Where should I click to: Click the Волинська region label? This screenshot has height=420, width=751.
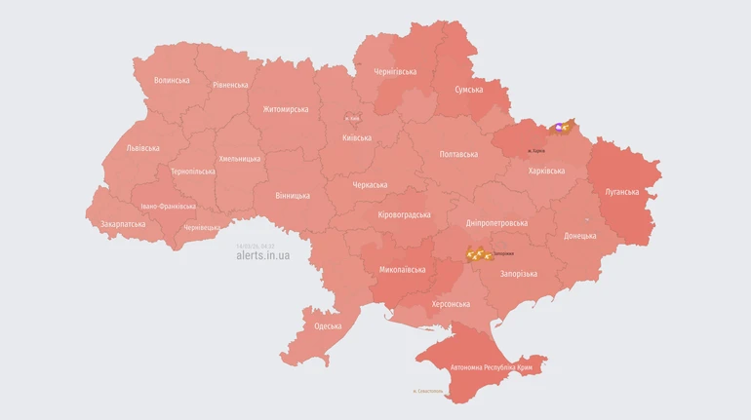pos(172,80)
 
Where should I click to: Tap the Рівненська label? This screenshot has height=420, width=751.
pos(230,85)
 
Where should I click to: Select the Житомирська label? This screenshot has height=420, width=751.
pos(285,109)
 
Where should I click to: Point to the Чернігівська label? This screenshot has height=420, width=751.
pos(395,72)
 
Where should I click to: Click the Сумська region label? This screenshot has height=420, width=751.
pos(468,90)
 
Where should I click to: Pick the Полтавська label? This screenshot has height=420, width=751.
pos(458,154)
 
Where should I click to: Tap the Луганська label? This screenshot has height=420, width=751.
pos(622,192)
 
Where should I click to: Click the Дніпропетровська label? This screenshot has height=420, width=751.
pos(496,223)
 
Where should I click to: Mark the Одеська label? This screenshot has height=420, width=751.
pos(328,325)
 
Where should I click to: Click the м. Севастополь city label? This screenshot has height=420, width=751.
pos(428,391)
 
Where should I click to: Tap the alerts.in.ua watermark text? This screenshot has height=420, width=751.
pos(262,255)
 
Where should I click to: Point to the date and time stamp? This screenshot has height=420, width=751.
pos(255,246)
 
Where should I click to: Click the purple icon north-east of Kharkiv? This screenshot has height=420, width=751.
pos(560,127)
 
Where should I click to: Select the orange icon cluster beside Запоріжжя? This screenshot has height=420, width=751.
pos(478,254)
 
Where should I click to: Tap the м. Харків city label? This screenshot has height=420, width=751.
pos(535,151)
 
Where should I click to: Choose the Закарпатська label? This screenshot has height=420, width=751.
pos(123,224)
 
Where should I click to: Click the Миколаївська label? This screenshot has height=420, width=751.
pos(402,269)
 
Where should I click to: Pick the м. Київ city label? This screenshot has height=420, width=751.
pos(352,118)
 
